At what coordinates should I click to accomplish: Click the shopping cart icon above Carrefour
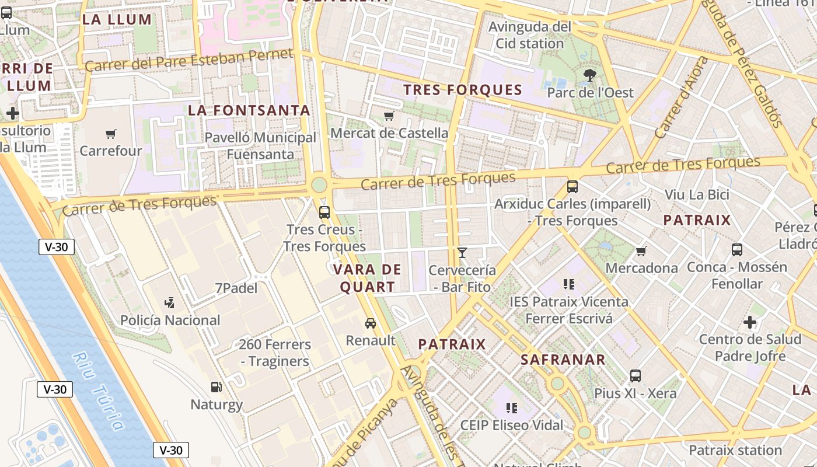[x=111, y=134]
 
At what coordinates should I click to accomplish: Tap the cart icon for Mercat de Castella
[x=389, y=116]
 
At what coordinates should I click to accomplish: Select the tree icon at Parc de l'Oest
[x=590, y=75]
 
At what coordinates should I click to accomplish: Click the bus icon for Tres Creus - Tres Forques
[x=324, y=212]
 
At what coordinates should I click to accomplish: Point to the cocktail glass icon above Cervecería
[x=462, y=253]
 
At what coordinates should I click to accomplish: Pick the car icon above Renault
[x=370, y=323]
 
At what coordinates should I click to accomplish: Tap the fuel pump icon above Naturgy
[x=216, y=386]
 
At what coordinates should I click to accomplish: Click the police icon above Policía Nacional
[x=170, y=302]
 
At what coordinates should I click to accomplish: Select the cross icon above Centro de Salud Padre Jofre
[x=750, y=322]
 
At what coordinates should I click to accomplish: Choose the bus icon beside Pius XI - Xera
[x=636, y=376]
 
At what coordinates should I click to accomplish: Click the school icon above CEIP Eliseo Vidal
[x=512, y=407]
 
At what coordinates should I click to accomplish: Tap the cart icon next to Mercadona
[x=641, y=251]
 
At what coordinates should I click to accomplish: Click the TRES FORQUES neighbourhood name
[x=463, y=90]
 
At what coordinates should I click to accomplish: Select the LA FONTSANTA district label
[x=249, y=110]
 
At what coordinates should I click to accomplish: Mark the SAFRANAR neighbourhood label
[x=563, y=360]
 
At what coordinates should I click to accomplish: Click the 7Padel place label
[x=236, y=288]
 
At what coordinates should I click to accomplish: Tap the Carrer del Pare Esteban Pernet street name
[x=188, y=61]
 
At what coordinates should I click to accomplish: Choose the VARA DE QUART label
[x=367, y=278]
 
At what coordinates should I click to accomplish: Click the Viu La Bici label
[x=697, y=194]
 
